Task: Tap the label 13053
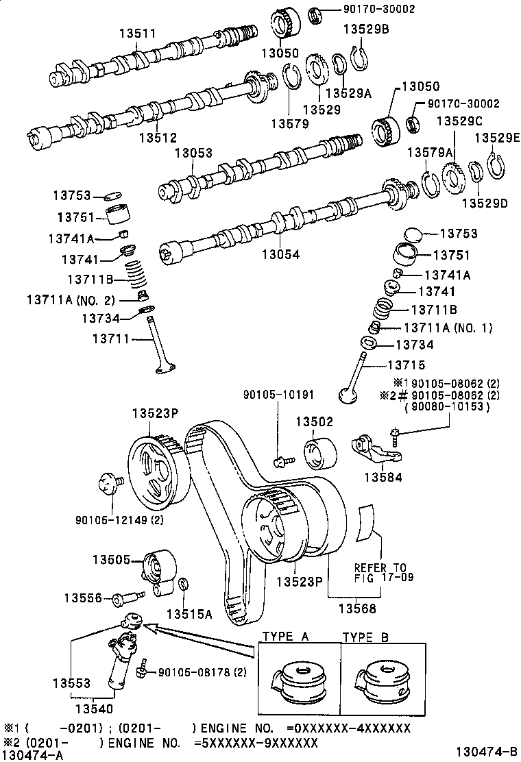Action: (x=193, y=153)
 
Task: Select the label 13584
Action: (x=383, y=477)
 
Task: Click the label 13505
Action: (x=111, y=559)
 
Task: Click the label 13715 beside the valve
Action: (x=407, y=365)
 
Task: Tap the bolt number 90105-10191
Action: (x=278, y=394)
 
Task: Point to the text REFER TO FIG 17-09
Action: (x=380, y=573)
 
